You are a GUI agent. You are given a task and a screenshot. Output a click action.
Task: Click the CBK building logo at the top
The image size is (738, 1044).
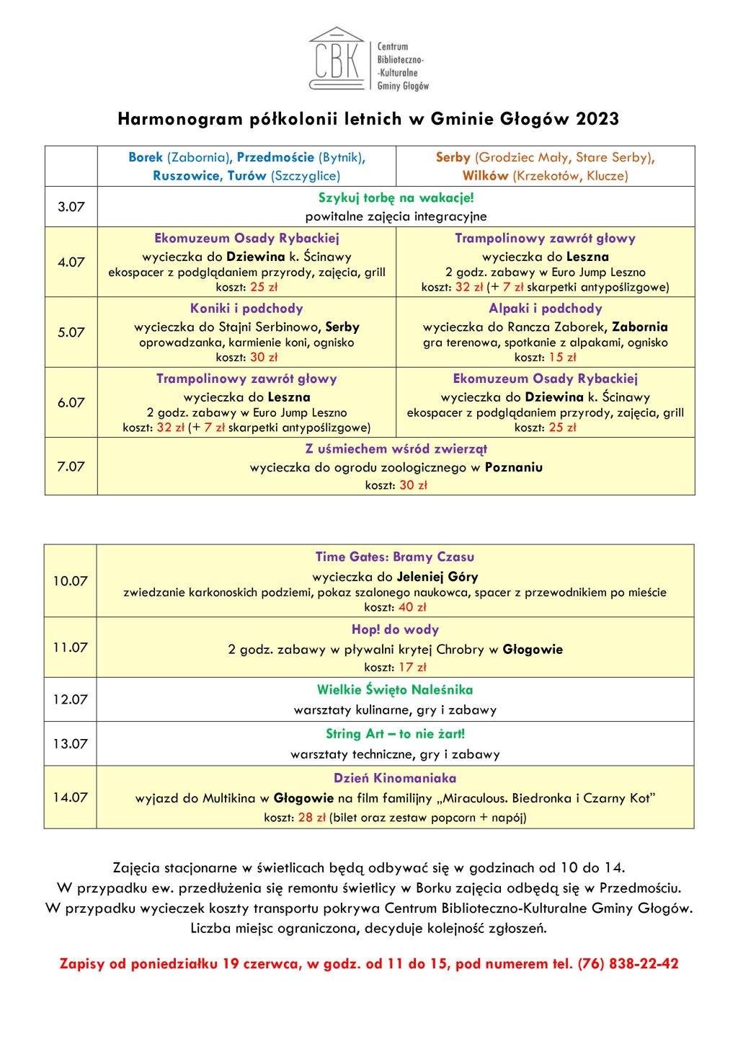pos(337,58)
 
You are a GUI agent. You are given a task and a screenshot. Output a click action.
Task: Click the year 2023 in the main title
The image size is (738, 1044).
pos(597,119)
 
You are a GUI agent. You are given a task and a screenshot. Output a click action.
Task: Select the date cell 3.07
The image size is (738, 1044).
pos(71,207)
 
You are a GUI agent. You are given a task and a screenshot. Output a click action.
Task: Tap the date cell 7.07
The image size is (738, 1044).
pos(71,466)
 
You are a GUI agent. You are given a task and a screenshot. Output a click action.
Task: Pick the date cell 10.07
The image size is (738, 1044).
pos(70,581)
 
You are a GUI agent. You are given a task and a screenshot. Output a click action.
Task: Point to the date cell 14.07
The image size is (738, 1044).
pos(70,797)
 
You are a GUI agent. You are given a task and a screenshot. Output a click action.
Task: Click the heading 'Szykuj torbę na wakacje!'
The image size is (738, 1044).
pos(396,198)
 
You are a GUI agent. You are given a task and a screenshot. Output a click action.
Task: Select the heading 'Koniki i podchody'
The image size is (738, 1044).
pos(246,309)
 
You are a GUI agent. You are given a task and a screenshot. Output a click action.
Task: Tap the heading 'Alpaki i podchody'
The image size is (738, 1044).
pos(545,309)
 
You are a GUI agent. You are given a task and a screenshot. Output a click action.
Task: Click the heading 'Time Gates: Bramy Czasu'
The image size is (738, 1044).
pos(395,557)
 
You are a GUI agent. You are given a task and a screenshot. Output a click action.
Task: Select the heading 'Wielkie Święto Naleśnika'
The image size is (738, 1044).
pos(395,690)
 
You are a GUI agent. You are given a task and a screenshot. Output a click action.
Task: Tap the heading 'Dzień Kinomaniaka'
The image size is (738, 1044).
pos(395,778)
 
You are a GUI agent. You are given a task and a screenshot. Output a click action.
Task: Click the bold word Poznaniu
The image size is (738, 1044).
pos(513,467)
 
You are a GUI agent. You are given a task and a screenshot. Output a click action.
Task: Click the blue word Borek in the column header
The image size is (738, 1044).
pos(146,157)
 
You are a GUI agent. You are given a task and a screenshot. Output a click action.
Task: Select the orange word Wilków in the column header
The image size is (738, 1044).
pos(485,176)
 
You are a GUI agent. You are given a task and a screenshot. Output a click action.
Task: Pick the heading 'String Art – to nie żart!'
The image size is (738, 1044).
pos(395,734)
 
